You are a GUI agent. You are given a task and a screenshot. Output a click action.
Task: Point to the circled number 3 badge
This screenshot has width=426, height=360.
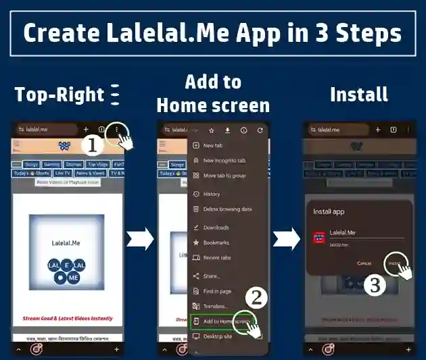coord(375,285)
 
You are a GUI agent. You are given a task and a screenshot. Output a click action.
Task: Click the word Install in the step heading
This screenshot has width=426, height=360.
coord(359,94)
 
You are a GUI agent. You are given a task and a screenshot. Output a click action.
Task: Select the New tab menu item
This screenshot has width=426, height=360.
coord(214,145)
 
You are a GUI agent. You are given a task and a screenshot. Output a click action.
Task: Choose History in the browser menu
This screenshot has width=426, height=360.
coord(211,194)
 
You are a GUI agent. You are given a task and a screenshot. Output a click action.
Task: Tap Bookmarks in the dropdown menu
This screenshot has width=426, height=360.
coord(216,242)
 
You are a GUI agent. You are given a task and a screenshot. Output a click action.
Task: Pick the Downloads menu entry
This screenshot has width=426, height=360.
coord(216,228)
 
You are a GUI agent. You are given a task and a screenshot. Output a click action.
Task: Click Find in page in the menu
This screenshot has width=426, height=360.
coord(218,291)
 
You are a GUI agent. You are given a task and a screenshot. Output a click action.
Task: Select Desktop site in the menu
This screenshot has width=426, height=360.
coord(217,336)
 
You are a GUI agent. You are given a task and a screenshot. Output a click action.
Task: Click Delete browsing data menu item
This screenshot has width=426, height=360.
coord(227,209)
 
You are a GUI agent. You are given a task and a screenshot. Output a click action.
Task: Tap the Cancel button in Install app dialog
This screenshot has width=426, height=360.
coord(364,263)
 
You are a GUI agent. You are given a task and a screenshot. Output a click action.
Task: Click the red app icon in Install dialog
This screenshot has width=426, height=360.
coord(319,236)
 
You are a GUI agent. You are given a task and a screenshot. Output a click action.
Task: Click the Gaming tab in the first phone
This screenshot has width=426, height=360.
coord(51,164)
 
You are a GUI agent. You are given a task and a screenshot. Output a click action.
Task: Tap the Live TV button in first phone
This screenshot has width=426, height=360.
coord(62,174)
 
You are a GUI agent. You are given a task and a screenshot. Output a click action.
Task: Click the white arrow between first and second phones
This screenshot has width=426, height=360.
coord(140,238)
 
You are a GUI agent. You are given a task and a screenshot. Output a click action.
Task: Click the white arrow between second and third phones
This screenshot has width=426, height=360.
coord(286,238)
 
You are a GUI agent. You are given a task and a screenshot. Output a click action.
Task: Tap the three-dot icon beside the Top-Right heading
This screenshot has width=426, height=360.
coord(114,95)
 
